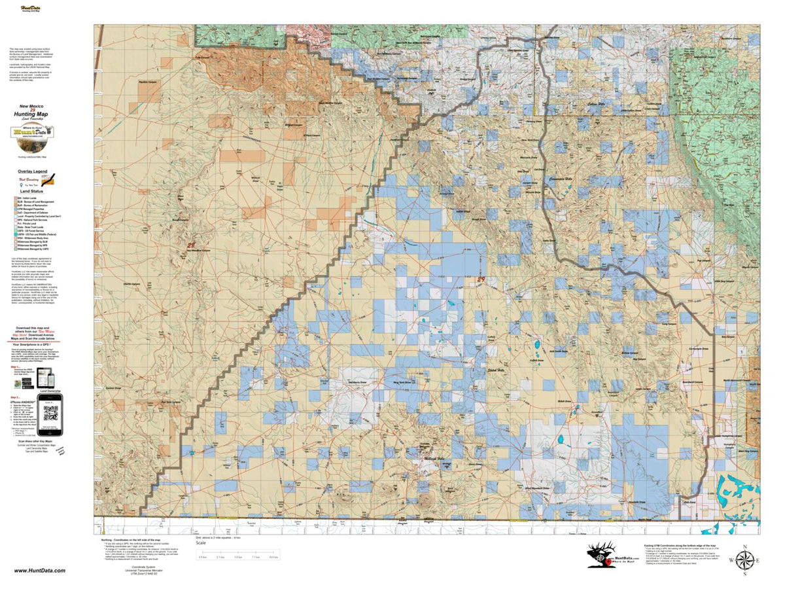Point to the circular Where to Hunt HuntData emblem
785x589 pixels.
coord(28,132)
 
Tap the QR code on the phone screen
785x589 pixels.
coord(50,414)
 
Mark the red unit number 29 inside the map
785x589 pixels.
coord(482,279)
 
